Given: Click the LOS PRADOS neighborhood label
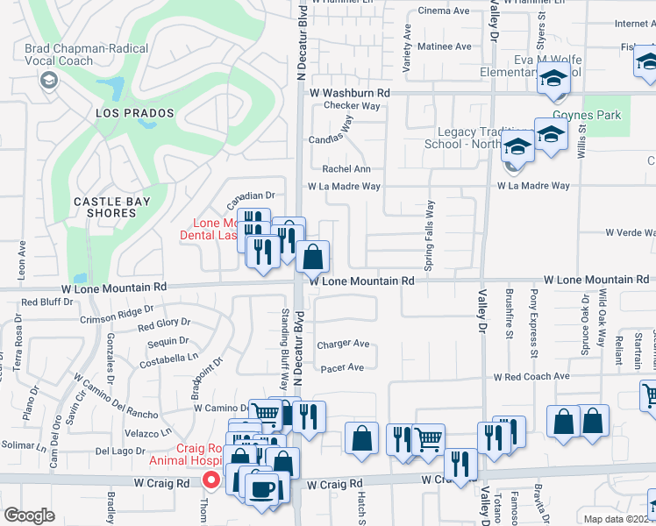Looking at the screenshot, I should pos(135,114).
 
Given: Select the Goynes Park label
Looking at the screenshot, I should pos(587,115).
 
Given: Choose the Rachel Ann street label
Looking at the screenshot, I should pos(346,169).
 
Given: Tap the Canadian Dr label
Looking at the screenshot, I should pos(252,195).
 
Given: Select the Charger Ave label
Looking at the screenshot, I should pos(343,345).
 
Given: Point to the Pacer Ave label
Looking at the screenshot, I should pos(342,368).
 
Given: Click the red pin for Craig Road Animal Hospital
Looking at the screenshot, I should pos(211,480).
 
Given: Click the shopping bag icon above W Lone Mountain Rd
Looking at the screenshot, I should pos(312,258).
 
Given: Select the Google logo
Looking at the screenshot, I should pos(29,515).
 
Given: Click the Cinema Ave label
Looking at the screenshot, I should pos(445,11).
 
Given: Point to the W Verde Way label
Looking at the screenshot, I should pos(630,232).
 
